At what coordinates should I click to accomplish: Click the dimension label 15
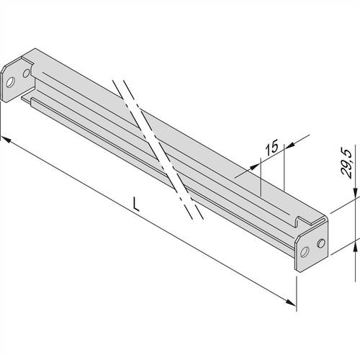(271, 150)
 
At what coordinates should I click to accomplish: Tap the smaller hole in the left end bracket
(27, 72)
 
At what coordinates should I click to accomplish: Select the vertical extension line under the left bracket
(2, 119)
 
